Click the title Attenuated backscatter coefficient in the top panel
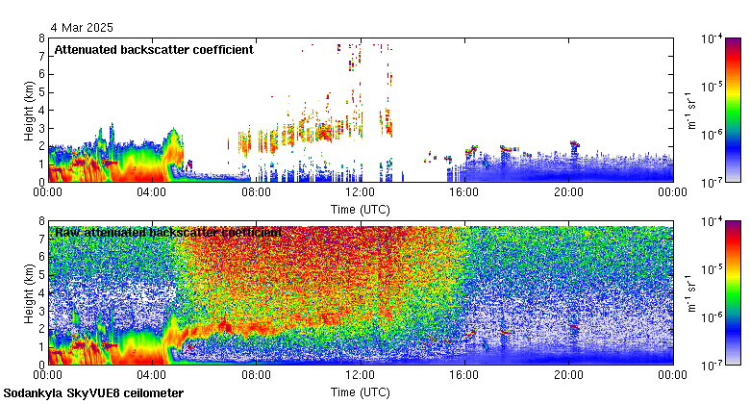click(x=154, y=49)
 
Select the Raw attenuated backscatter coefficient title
click(x=168, y=232)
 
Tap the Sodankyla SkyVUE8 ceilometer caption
click(x=93, y=393)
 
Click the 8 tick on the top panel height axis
click(x=41, y=38)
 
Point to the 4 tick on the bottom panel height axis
click(x=41, y=292)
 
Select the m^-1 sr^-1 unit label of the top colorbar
click(x=691, y=110)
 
